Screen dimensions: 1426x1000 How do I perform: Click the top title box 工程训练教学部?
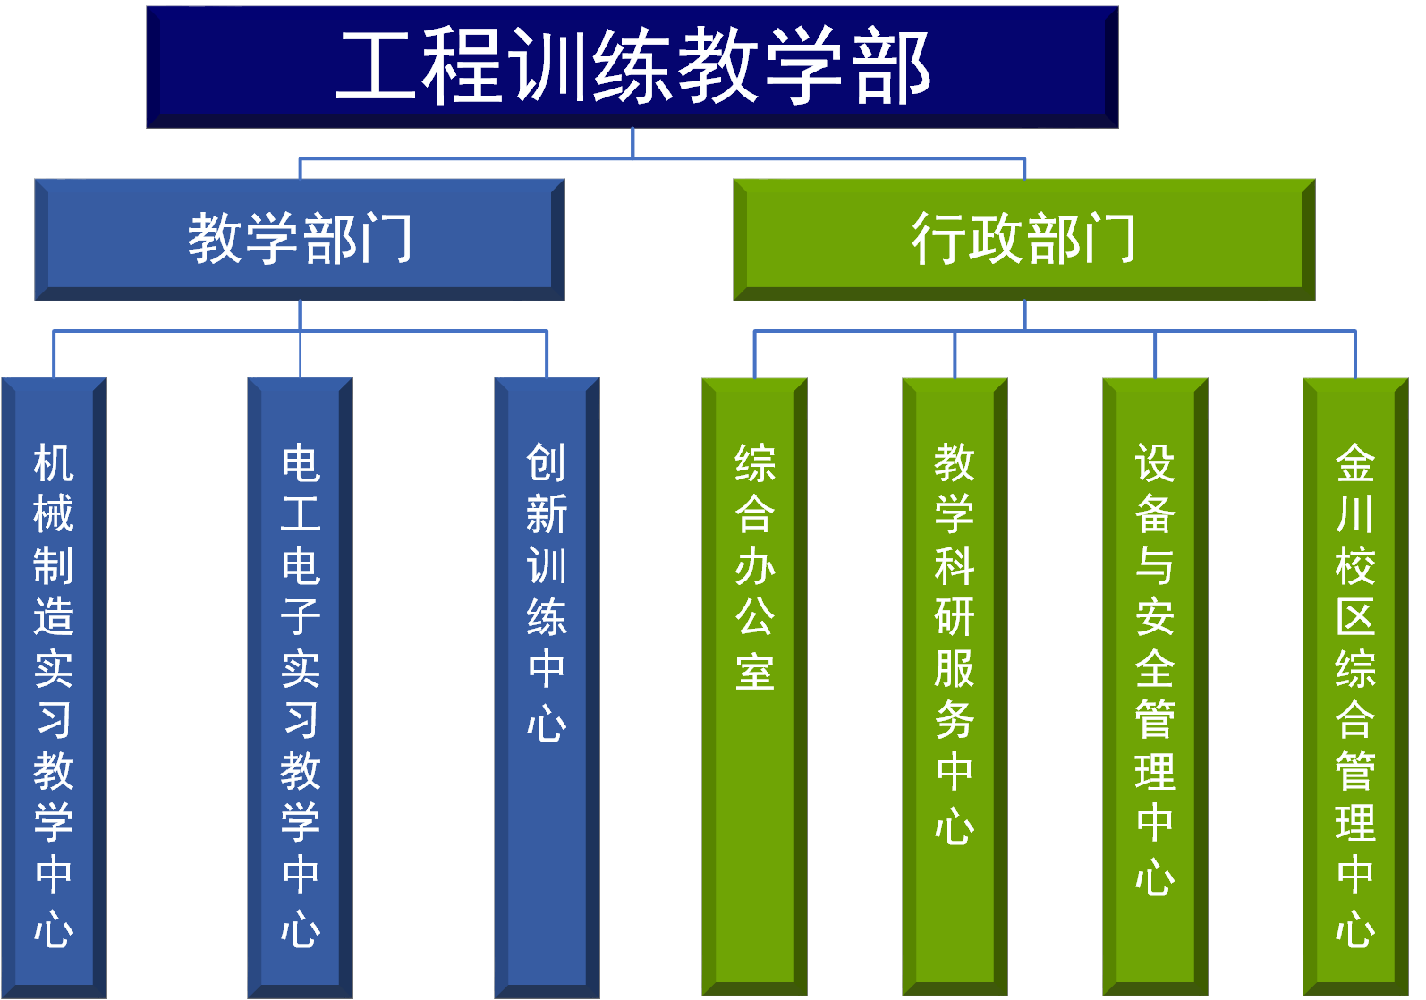click(x=632, y=67)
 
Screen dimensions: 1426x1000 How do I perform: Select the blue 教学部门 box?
click(x=300, y=240)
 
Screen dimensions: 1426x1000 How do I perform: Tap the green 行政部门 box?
click(x=1024, y=240)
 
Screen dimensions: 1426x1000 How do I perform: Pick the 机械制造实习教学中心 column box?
click(x=54, y=688)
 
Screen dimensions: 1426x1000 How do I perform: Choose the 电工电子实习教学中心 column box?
click(x=301, y=688)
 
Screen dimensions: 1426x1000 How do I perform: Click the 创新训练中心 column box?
click(x=547, y=688)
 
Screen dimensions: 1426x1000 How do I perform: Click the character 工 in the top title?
click(x=377, y=65)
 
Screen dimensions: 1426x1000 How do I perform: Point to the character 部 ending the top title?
click(x=893, y=65)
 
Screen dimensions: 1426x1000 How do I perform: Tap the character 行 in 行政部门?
click(x=939, y=238)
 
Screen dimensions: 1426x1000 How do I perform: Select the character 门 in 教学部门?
click(x=386, y=238)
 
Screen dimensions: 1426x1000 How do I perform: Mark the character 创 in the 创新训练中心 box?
click(x=547, y=462)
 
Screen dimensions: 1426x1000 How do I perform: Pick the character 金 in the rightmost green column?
click(x=1355, y=462)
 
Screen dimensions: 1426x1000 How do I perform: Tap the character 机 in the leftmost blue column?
click(x=54, y=462)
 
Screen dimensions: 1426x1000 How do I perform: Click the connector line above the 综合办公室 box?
click(x=754, y=354)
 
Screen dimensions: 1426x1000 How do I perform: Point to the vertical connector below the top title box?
click(x=632, y=143)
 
